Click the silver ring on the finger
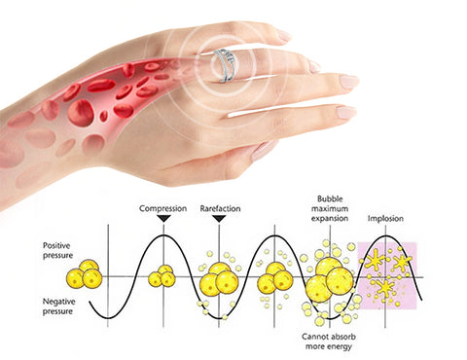click(x=224, y=65)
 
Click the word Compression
click(x=163, y=208)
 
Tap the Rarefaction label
click(x=220, y=208)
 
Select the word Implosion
click(x=385, y=219)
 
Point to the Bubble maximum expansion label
click(x=330, y=208)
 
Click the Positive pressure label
click(x=58, y=250)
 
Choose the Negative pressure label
click(x=59, y=306)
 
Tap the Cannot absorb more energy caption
click(x=329, y=342)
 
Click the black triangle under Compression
click(x=163, y=218)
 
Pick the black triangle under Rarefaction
click(x=219, y=218)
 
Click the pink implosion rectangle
click(x=387, y=276)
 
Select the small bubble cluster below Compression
click(x=162, y=276)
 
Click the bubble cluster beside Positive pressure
click(x=85, y=274)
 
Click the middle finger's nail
click(x=348, y=82)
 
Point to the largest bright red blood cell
click(x=81, y=113)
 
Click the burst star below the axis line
click(x=385, y=287)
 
